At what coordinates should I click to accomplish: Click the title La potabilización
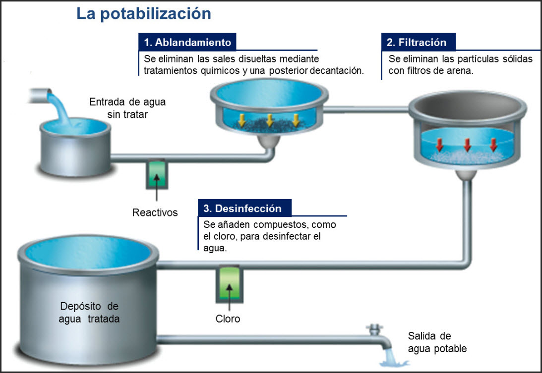[143, 13]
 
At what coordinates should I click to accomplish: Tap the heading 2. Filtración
[417, 42]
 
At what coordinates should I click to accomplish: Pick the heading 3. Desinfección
[243, 209]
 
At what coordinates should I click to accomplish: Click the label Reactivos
[155, 213]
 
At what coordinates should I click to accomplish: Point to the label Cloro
[228, 319]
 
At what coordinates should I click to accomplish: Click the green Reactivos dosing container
[157, 173]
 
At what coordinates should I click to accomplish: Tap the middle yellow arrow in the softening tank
[270, 119]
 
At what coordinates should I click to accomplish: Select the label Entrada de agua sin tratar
[127, 108]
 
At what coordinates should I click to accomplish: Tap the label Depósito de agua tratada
[89, 312]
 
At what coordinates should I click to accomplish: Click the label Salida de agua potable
[437, 342]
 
